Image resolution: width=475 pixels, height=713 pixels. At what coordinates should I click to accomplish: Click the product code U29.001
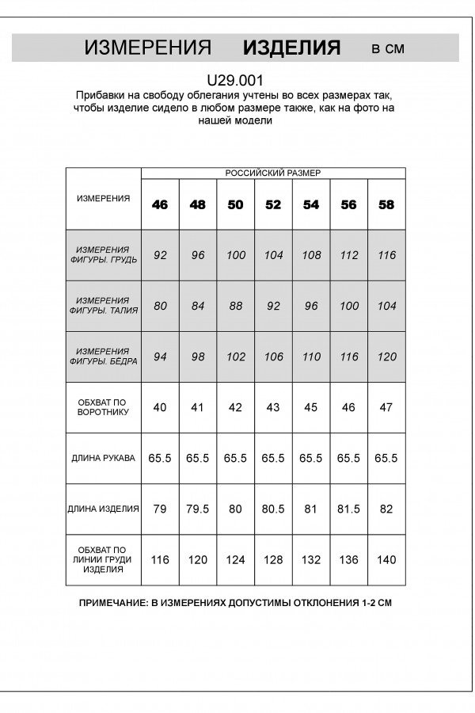(x=234, y=79)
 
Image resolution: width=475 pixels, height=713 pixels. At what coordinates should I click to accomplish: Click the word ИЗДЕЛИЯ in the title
(x=291, y=48)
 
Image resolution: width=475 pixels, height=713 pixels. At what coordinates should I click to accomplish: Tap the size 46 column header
(x=160, y=204)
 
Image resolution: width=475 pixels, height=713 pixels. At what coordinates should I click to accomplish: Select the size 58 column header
(x=386, y=204)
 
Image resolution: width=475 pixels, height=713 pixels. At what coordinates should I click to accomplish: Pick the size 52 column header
(x=273, y=204)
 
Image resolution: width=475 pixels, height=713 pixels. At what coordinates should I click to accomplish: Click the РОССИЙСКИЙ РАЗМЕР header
(x=273, y=172)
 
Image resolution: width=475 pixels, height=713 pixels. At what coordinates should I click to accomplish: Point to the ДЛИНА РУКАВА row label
(x=103, y=459)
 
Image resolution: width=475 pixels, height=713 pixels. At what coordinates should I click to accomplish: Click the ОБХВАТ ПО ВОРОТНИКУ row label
(x=103, y=408)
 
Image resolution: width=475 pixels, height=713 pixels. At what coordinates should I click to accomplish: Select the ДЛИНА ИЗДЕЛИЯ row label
(x=103, y=509)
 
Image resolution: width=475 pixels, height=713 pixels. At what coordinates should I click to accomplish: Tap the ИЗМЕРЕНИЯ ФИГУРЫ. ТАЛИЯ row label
(x=103, y=306)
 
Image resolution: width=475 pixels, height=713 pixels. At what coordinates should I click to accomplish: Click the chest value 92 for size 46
(x=160, y=255)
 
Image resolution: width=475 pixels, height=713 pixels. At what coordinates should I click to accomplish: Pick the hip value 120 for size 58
(x=386, y=356)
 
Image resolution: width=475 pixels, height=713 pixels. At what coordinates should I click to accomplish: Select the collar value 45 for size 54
(x=311, y=408)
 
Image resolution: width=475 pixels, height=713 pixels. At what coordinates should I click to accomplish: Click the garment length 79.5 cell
(x=197, y=509)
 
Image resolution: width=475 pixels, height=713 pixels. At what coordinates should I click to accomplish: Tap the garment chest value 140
(x=386, y=560)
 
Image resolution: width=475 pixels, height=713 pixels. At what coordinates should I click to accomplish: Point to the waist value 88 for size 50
(x=235, y=306)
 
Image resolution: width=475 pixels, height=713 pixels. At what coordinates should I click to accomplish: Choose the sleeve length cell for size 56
(x=348, y=459)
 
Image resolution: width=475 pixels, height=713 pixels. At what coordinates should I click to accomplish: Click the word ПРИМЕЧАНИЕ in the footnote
(x=113, y=603)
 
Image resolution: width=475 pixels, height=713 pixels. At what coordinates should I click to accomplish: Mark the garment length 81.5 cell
(x=348, y=509)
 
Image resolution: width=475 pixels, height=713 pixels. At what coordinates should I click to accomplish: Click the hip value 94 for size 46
(x=160, y=356)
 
